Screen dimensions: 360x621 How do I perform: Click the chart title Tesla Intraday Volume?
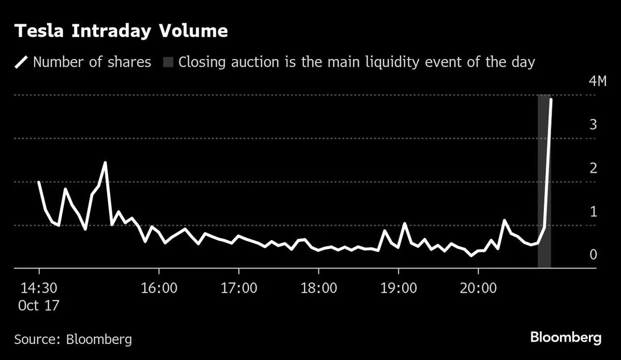(x=121, y=31)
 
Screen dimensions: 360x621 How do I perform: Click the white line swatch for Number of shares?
(x=22, y=63)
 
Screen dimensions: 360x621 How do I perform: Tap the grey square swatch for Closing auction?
(x=168, y=63)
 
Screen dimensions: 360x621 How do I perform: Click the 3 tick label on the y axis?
(x=594, y=125)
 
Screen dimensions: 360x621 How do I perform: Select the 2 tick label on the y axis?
(x=594, y=168)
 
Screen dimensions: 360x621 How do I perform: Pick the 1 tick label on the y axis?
(x=594, y=212)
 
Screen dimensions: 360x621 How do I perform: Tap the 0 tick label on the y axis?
(x=594, y=254)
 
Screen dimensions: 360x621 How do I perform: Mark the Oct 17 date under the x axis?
(x=39, y=305)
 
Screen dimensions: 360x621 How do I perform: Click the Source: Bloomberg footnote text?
(x=73, y=339)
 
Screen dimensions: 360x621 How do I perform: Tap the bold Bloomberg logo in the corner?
(x=566, y=338)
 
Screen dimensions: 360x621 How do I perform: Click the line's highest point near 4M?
(x=551, y=99)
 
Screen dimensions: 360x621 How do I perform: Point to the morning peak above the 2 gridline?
(x=106, y=162)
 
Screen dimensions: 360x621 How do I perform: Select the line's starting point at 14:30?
(x=39, y=182)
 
